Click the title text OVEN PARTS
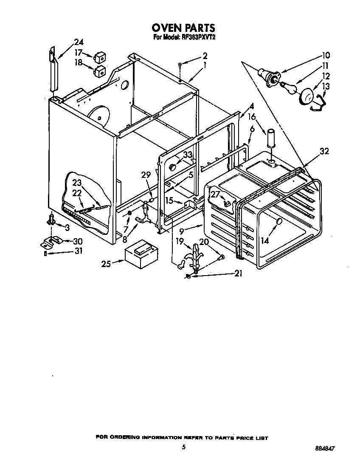click(x=183, y=28)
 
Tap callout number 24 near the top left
click(x=79, y=42)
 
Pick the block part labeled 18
click(x=100, y=71)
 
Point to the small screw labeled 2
click(x=180, y=65)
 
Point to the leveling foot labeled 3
click(x=52, y=220)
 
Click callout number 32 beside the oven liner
click(x=324, y=151)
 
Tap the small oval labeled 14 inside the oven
click(x=279, y=222)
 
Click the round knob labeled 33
click(x=172, y=166)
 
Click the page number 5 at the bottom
click(x=183, y=446)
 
